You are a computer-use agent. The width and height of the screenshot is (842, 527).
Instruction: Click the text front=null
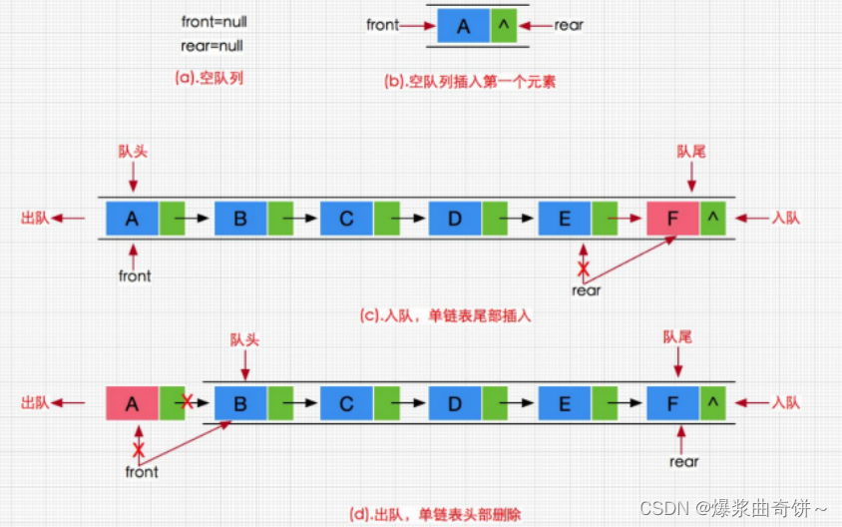[x=212, y=22]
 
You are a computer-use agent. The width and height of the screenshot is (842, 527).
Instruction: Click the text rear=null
[x=211, y=46]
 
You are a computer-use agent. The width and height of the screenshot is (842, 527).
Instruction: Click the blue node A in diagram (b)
[x=463, y=26]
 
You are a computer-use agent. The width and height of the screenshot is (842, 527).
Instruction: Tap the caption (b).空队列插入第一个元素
[x=468, y=82]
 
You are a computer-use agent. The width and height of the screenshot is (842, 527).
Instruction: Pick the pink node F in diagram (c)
[x=672, y=219]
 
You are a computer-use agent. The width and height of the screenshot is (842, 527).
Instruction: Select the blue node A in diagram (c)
[x=132, y=219]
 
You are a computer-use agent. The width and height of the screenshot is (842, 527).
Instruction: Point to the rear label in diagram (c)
[x=586, y=290]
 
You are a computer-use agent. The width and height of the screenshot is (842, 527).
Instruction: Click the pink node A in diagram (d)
[x=132, y=403]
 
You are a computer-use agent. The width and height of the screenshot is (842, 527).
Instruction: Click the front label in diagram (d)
[x=141, y=471]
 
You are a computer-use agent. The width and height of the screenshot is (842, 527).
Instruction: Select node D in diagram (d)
[x=455, y=403]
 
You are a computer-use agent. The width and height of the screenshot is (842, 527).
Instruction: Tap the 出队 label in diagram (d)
[x=35, y=403]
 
